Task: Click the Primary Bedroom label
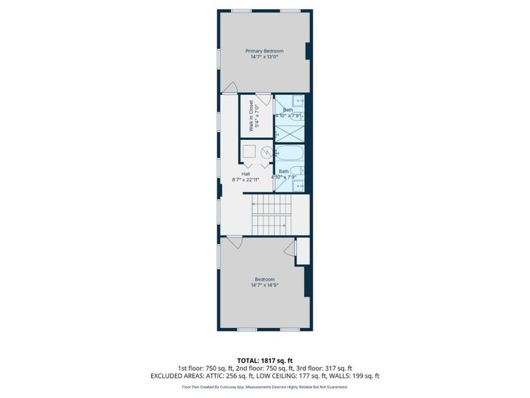[264, 51]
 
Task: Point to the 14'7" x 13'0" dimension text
[264, 57]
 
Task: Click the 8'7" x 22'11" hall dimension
[245, 179]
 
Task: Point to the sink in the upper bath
[297, 101]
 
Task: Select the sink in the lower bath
[297, 186]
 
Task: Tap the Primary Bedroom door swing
[230, 88]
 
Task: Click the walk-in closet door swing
[262, 99]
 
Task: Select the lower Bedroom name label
[264, 279]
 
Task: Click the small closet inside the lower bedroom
[303, 253]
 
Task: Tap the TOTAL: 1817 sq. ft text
[264, 360]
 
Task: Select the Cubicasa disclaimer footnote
[264, 387]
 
